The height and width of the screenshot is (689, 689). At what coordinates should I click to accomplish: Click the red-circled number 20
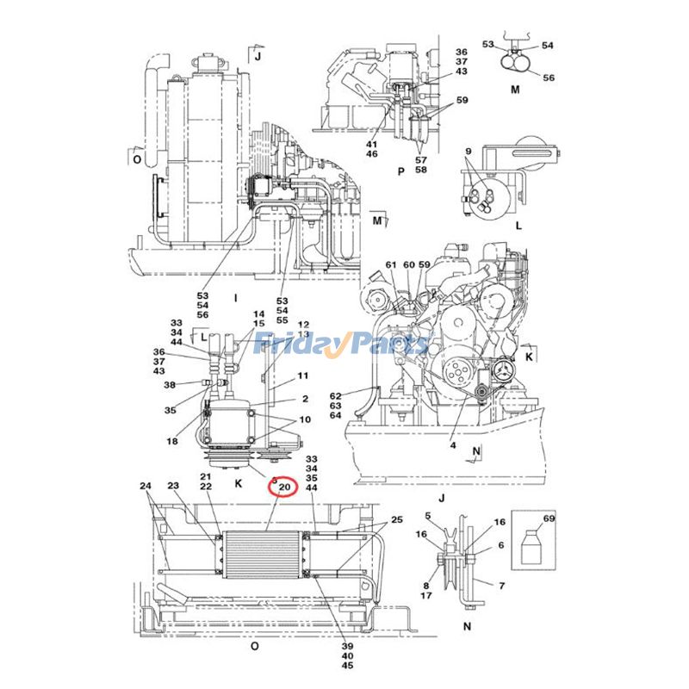pos(283,489)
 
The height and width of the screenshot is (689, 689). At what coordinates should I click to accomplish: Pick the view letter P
pos(400,171)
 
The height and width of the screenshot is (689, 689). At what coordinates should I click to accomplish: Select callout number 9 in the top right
pos(469,152)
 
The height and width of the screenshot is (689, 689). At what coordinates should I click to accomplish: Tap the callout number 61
pos(390,264)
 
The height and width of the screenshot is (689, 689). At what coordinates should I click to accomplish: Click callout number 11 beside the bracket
pos(303,376)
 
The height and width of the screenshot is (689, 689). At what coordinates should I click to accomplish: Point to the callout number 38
pos(169,384)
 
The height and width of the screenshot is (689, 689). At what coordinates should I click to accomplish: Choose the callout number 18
pos(172,441)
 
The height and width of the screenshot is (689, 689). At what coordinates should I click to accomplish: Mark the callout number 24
pos(145,486)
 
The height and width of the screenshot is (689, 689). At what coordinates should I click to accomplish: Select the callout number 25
pos(396,519)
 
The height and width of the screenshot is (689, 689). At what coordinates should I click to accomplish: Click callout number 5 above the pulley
pos(427,516)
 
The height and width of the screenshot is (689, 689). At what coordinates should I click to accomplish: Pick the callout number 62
pos(336,396)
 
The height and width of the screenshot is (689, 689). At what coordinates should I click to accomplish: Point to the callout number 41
pos(371,144)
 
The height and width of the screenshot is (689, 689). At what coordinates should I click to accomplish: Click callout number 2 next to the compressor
pos(304,400)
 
